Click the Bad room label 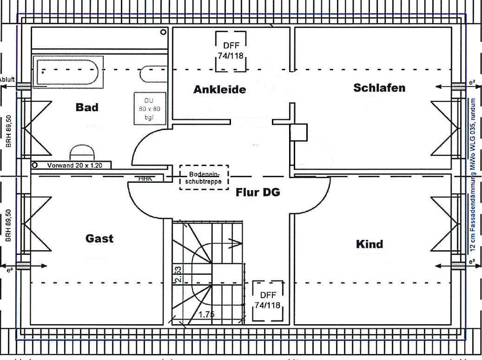(87, 107)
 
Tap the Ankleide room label (219, 89)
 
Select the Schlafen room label (379, 87)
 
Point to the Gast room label (99, 239)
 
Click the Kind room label (369, 244)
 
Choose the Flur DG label (258, 192)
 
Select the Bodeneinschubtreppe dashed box (205, 177)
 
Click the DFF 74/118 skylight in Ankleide (231, 51)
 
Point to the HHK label (145, 178)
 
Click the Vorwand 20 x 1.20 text (74, 165)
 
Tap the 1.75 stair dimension (206, 314)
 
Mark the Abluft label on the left (7, 80)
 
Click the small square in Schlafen (299, 133)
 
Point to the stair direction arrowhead (237, 241)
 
